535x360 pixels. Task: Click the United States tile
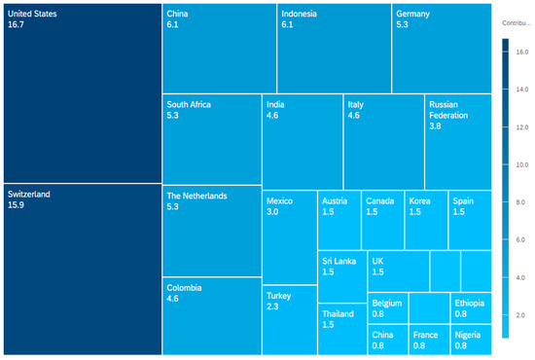[83, 93]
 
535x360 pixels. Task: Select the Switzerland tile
[83, 270]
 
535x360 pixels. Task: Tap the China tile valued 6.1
[220, 49]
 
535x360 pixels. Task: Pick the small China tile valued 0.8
[388, 340]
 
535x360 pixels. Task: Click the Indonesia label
[299, 14]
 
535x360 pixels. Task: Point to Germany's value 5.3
[402, 24]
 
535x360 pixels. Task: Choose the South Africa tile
[212, 139]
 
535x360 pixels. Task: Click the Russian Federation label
[448, 110]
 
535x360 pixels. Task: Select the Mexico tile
[290, 237]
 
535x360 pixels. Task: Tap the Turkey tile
[290, 320]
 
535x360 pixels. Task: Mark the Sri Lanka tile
[342, 276]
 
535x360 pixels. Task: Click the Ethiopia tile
[471, 308]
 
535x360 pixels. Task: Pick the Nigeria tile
[471, 340]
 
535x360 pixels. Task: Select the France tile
[430, 340]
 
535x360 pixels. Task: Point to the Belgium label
[386, 303]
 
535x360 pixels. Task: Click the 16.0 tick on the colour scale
[522, 52]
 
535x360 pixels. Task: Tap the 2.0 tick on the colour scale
[520, 315]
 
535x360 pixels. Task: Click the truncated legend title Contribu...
[517, 23]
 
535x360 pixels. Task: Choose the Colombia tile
[212, 316]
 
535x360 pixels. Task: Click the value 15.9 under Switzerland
[16, 205]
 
